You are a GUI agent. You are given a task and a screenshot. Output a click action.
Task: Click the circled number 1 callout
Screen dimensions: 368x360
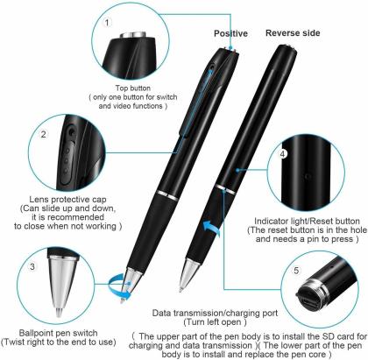click(x=107, y=23)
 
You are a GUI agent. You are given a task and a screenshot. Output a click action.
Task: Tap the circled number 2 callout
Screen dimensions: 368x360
click(x=44, y=134)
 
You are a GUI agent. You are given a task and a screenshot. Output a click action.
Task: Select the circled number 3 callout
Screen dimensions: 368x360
click(x=32, y=266)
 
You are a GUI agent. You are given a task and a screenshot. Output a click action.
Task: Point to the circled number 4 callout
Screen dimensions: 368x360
click(x=283, y=154)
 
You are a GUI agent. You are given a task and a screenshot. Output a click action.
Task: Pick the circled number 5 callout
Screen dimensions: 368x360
click(x=296, y=271)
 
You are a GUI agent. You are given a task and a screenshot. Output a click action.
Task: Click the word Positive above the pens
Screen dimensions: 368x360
click(x=230, y=33)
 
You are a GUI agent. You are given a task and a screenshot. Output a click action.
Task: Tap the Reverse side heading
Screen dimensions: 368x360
click(x=293, y=33)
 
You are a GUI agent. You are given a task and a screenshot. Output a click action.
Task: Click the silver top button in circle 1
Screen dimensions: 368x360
click(x=134, y=34)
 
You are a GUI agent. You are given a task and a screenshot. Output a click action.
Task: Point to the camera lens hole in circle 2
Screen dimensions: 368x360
click(x=71, y=132)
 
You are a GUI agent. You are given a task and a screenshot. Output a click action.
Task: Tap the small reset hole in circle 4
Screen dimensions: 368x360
click(x=308, y=176)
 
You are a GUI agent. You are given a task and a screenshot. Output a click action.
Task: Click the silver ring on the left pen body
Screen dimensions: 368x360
click(x=167, y=195)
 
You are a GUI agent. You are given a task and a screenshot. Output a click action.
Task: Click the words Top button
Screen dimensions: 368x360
click(x=133, y=88)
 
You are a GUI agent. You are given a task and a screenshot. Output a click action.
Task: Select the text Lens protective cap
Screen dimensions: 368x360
click(x=67, y=200)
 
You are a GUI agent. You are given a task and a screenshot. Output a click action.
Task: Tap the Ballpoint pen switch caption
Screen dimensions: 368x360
click(x=58, y=333)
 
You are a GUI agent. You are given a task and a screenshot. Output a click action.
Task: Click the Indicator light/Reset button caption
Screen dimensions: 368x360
click(x=307, y=222)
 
